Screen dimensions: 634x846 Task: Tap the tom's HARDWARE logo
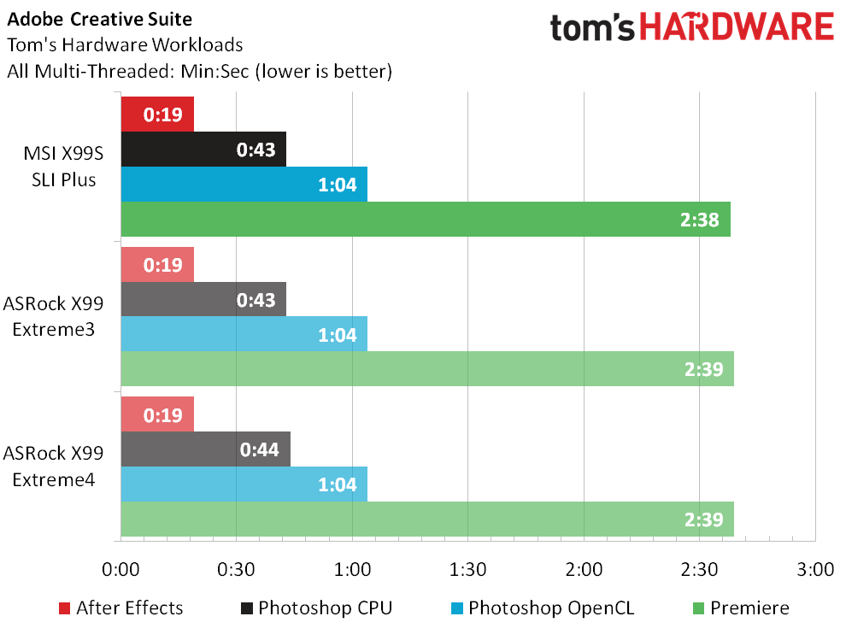point(691,27)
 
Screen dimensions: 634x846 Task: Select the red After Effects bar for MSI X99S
point(157,114)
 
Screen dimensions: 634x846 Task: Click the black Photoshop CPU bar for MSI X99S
point(203,150)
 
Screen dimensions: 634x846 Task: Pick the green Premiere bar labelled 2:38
point(426,219)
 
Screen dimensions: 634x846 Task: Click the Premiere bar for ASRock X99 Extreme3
point(427,369)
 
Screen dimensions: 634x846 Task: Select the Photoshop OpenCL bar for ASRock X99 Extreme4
point(244,484)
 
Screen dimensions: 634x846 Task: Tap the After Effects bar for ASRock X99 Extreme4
point(157,414)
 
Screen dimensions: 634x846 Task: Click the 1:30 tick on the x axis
point(467,570)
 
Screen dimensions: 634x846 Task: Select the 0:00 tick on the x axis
point(120,570)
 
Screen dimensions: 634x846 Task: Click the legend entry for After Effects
point(120,608)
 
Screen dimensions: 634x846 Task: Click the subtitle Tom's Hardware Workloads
point(125,45)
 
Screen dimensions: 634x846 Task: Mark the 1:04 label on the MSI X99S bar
point(337,185)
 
